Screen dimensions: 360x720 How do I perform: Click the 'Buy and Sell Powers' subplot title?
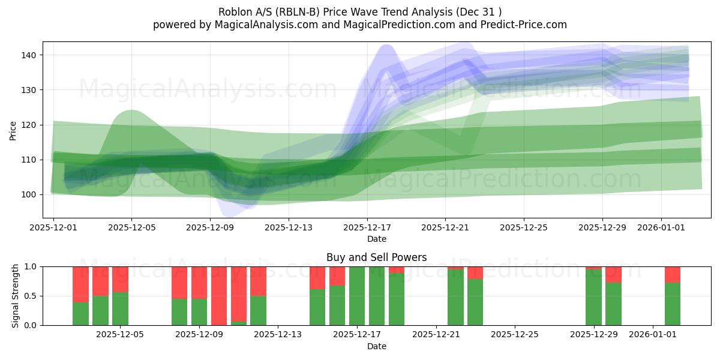click(x=376, y=257)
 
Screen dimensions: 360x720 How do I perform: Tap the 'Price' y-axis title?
click(x=13, y=130)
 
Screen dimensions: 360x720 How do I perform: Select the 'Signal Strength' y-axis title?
click(x=16, y=296)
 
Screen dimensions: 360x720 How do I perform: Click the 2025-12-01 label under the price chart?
click(x=53, y=228)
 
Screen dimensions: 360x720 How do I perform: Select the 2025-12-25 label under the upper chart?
click(x=524, y=228)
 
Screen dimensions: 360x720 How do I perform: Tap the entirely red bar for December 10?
click(x=219, y=296)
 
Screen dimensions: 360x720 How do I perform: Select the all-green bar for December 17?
click(x=357, y=296)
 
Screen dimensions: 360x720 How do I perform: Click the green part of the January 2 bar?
click(x=673, y=304)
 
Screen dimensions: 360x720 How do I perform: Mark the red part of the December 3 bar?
click(x=80, y=284)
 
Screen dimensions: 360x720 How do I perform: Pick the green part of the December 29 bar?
click(x=593, y=298)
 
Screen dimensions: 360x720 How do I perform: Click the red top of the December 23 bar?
click(x=475, y=272)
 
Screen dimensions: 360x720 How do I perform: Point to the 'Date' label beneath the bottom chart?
click(x=376, y=346)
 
